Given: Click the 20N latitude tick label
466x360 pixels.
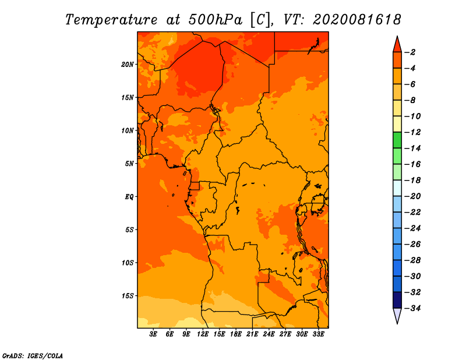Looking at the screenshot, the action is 127,65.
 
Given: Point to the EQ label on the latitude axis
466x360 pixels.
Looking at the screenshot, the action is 129,197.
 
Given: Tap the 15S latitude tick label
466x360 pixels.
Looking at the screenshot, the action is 128,296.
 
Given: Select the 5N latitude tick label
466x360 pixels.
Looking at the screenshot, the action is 129,164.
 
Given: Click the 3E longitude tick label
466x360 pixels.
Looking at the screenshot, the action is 153,334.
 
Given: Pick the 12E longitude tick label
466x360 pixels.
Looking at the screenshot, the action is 203,334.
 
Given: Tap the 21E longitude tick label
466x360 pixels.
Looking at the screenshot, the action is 252,334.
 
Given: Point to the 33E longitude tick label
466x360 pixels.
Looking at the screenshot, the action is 318,334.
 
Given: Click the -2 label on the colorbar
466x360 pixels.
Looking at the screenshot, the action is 410,52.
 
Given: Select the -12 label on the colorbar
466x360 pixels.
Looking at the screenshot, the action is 412,132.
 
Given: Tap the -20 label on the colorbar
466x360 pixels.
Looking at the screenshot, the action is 412,196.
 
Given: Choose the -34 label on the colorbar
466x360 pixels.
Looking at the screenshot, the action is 412,308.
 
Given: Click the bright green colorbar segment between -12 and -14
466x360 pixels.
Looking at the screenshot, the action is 397,140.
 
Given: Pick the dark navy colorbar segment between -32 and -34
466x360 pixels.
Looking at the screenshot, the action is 397,300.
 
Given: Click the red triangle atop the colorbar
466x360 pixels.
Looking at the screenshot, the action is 397,45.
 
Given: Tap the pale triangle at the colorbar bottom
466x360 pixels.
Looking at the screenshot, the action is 397,316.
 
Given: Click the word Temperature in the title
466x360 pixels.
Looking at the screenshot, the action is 111,20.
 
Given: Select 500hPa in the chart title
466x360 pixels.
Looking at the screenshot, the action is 216,20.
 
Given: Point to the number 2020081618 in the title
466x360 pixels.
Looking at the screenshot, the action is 357,20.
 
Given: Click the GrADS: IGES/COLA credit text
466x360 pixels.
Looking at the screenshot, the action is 33,356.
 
